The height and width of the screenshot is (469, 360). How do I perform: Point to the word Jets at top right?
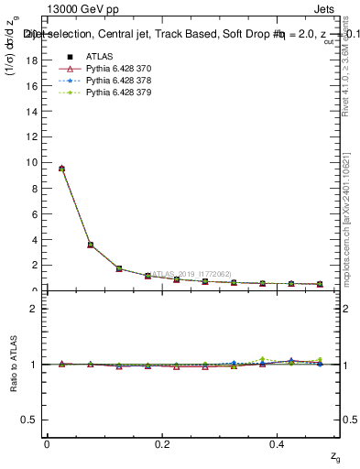[329, 11]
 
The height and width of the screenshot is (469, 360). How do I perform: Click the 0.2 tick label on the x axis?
[162, 444]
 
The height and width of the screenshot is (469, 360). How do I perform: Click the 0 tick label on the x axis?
[47, 444]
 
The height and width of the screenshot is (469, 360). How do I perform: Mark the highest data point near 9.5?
[61, 169]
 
